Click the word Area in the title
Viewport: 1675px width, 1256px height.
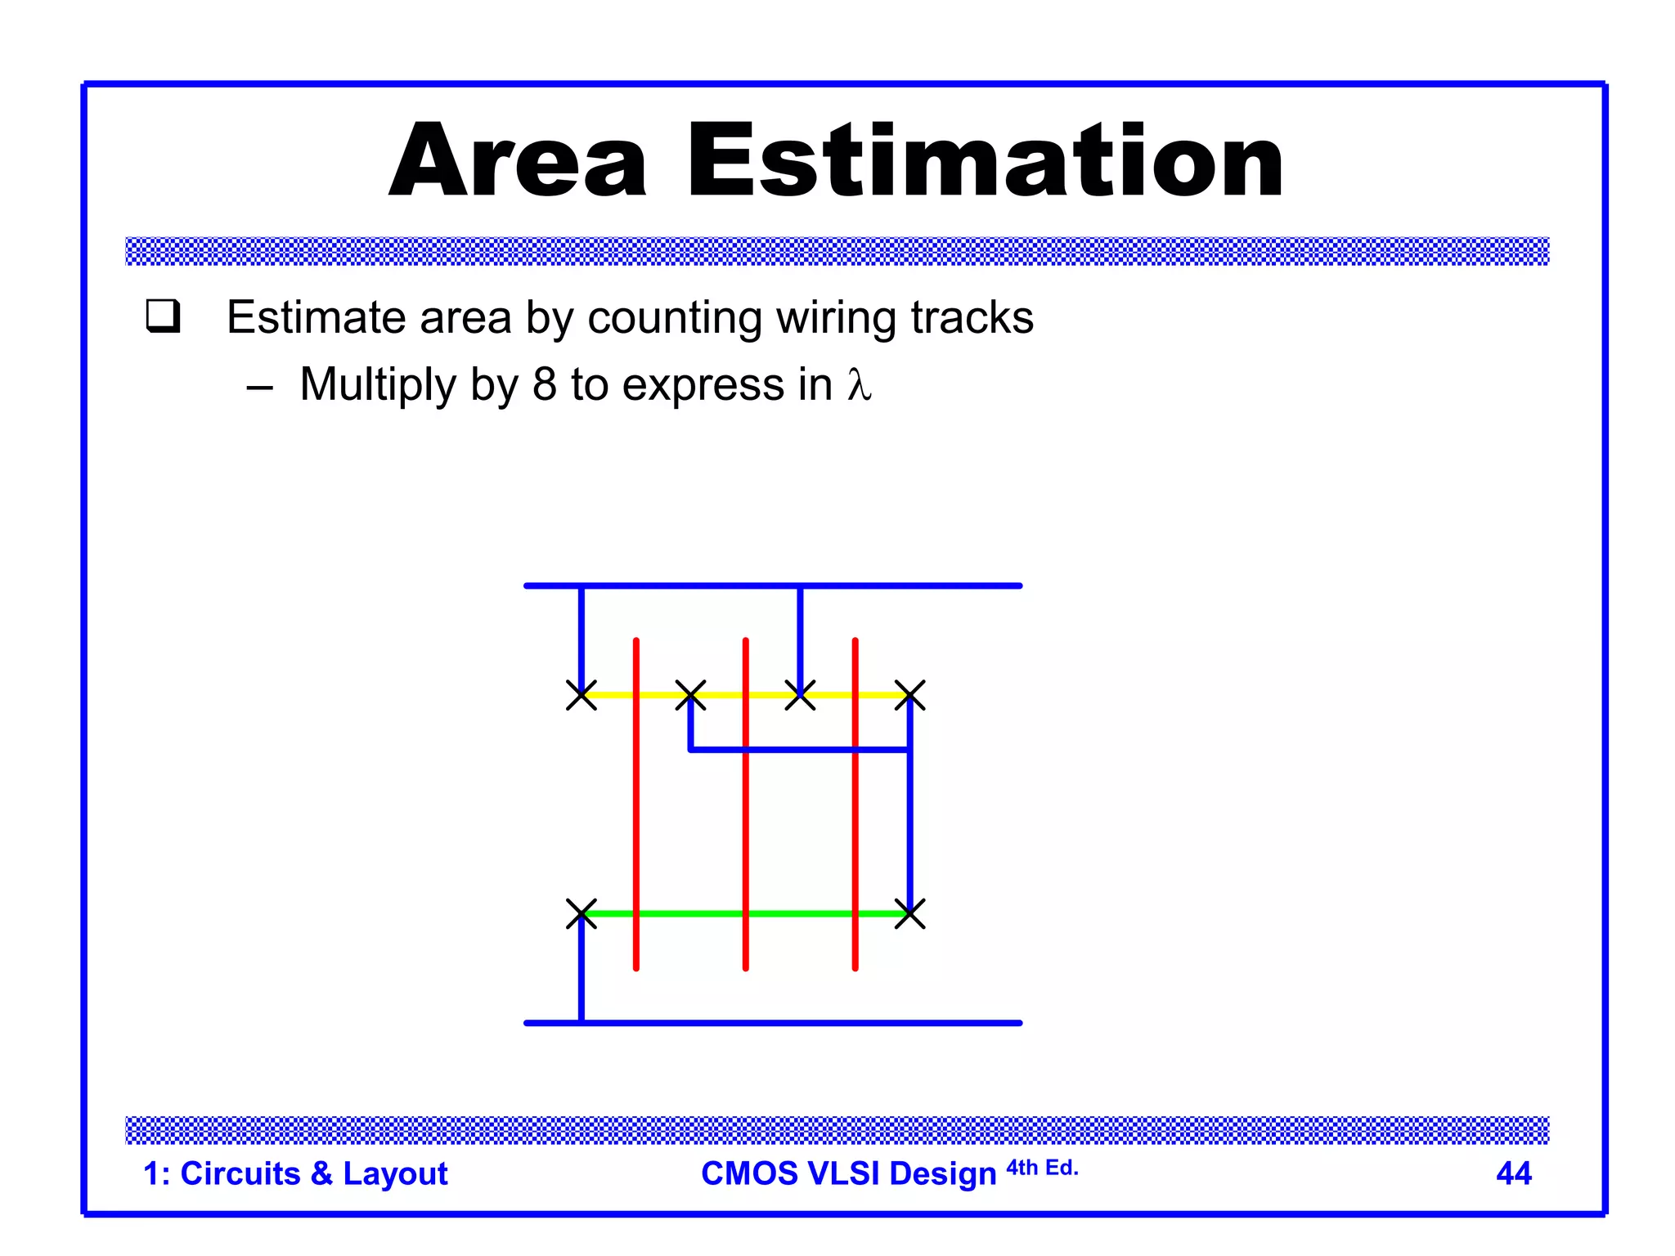pyautogui.click(x=519, y=161)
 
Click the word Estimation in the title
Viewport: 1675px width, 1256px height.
pyautogui.click(x=985, y=161)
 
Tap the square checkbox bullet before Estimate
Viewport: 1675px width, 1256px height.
pyautogui.click(x=163, y=316)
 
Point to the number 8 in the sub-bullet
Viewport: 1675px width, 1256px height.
pyautogui.click(x=544, y=384)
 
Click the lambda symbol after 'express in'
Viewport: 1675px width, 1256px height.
pyautogui.click(x=859, y=384)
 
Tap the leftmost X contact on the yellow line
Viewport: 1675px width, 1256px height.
pyautogui.click(x=582, y=695)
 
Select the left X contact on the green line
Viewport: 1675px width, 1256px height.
pyautogui.click(x=582, y=913)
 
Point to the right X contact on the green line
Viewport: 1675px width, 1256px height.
pyautogui.click(x=909, y=913)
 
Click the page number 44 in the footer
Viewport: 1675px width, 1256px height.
pyautogui.click(x=1513, y=1173)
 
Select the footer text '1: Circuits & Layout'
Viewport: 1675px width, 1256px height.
pyautogui.click(x=295, y=1173)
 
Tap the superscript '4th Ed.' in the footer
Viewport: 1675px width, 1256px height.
pyautogui.click(x=1042, y=1168)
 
